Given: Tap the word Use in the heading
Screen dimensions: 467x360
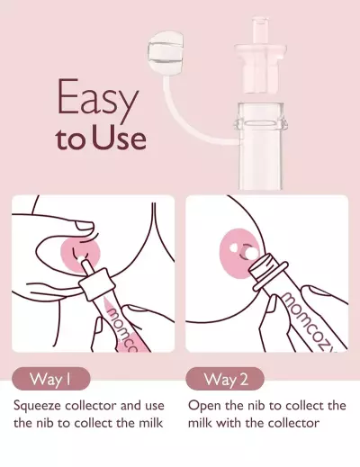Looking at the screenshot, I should tap(120, 141).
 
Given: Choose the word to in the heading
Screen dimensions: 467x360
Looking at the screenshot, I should tap(69, 141).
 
